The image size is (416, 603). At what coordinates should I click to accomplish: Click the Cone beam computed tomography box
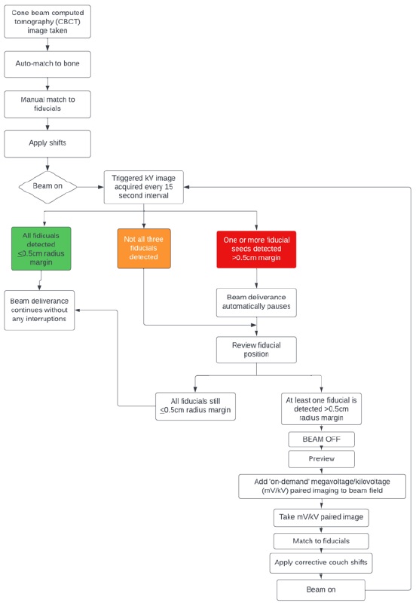(x=47, y=22)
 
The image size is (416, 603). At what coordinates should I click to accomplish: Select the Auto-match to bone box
(x=47, y=64)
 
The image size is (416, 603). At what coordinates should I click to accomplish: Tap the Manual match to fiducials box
(x=47, y=104)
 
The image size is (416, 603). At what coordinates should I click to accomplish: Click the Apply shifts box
(x=47, y=144)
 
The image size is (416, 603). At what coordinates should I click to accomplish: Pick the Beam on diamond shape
(x=47, y=187)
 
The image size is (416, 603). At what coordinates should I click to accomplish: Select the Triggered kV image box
(x=144, y=187)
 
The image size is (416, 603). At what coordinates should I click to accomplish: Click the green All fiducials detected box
(x=41, y=249)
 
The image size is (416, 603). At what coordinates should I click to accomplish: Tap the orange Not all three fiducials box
(x=144, y=249)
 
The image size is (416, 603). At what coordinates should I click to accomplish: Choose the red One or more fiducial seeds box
(x=256, y=249)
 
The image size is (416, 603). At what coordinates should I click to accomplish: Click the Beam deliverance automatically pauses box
(x=256, y=303)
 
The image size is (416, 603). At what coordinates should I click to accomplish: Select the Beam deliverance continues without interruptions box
(x=39, y=311)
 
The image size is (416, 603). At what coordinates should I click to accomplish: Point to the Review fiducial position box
(x=256, y=350)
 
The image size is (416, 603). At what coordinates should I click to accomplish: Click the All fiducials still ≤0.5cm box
(x=195, y=406)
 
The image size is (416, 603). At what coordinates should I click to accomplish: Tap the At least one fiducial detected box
(x=321, y=409)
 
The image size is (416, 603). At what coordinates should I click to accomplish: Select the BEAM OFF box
(x=321, y=439)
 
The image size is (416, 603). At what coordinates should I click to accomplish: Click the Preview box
(x=321, y=459)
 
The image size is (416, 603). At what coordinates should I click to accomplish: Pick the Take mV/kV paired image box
(x=321, y=518)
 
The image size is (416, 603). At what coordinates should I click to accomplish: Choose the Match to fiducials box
(x=321, y=541)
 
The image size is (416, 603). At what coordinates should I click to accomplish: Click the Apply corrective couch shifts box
(x=321, y=563)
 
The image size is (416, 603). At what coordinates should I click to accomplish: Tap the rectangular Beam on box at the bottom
(x=321, y=590)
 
